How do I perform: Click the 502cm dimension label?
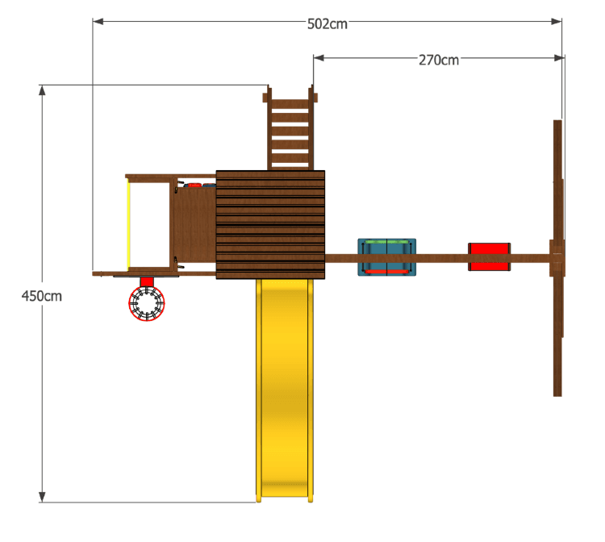328,24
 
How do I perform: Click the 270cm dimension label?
439,60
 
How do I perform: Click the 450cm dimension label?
42,296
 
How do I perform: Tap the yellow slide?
285,390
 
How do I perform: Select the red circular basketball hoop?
147,303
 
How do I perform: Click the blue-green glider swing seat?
386,257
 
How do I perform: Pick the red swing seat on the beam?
490,257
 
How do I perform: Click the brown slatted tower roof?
270,224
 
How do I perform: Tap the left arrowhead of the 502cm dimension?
98,21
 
